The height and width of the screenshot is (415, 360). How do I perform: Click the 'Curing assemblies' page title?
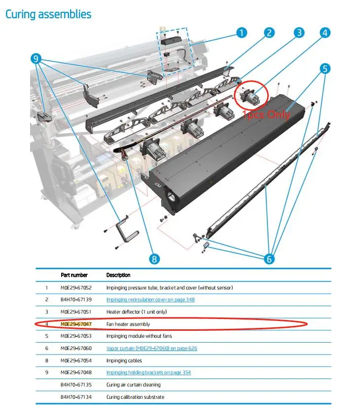pos(48,14)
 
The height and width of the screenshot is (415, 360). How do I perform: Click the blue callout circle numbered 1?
pos(241,33)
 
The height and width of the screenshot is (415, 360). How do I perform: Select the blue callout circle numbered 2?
pos(269,33)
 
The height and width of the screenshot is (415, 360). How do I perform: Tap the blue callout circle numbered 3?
pos(299,33)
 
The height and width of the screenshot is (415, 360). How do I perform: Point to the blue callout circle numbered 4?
pos(324,33)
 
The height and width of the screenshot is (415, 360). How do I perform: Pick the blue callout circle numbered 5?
pos(324,68)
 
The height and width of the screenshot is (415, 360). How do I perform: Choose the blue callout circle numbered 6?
pos(270,258)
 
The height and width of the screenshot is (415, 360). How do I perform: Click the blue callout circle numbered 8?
pos(154,258)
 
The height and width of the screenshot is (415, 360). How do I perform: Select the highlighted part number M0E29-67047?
pos(76,324)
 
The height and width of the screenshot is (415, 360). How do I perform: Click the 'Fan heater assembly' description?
pos(128,324)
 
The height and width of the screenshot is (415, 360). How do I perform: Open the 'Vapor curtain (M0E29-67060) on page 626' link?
pos(151,348)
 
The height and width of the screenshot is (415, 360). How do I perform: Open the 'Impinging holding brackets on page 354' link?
pos(148,372)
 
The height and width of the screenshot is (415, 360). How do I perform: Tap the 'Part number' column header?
pos(74,275)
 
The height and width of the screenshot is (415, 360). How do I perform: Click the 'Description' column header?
pos(118,275)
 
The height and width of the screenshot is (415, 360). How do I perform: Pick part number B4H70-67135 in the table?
pos(76,384)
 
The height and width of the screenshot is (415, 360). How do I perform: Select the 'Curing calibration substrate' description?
pos(135,397)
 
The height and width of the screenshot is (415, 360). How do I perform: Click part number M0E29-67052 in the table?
pos(76,287)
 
